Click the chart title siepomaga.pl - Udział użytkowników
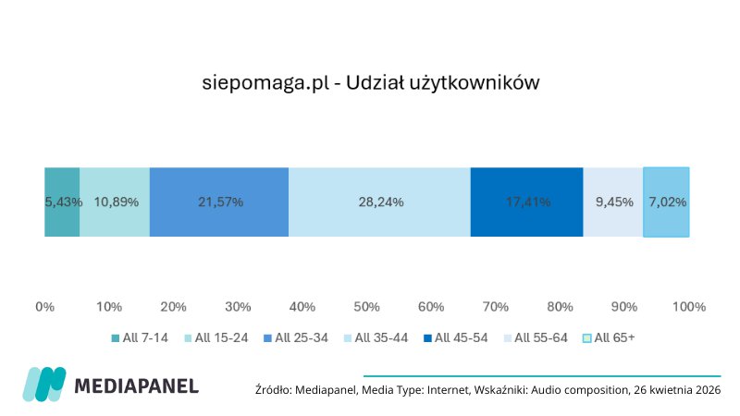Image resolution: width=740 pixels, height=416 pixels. click(370, 82)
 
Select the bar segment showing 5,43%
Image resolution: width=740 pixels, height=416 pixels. click(62, 202)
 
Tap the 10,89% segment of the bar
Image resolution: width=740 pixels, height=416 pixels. click(115, 202)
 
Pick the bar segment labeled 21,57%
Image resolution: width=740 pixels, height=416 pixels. click(219, 202)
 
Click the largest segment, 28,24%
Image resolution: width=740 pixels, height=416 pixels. click(379, 202)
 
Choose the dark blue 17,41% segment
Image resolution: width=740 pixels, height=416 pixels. click(526, 202)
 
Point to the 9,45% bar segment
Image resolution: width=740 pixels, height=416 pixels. click(612, 202)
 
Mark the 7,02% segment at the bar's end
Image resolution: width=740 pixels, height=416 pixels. click(666, 202)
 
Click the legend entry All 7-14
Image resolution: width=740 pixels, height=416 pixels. click(142, 337)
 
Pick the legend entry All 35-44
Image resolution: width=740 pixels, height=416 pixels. click(380, 337)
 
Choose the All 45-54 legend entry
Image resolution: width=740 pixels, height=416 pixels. click(460, 337)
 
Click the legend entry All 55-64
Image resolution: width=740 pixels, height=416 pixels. click(539, 337)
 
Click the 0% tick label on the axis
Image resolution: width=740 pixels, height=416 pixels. click(44, 306)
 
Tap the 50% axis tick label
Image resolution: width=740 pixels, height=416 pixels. click(366, 306)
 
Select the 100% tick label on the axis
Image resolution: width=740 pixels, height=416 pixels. click(689, 306)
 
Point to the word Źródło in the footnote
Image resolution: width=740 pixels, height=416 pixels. click(273, 390)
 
